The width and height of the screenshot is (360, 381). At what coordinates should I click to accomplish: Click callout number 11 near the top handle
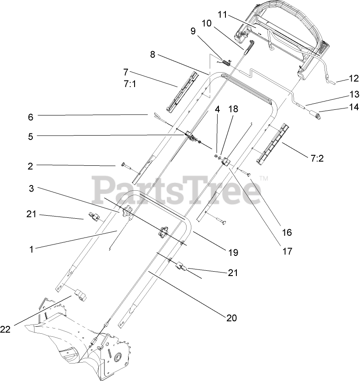(222, 15)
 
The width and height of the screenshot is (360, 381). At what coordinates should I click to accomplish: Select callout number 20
(232, 318)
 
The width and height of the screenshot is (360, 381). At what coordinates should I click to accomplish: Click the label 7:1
(130, 84)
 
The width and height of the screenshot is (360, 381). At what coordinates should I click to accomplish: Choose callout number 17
(287, 251)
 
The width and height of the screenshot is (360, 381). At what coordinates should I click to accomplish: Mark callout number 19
(232, 252)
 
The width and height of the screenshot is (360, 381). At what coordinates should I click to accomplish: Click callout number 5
(30, 136)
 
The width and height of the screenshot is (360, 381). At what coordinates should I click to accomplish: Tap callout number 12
(353, 79)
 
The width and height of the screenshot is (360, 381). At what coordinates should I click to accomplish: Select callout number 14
(354, 106)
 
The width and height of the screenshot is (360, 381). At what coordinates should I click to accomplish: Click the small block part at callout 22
(81, 295)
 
